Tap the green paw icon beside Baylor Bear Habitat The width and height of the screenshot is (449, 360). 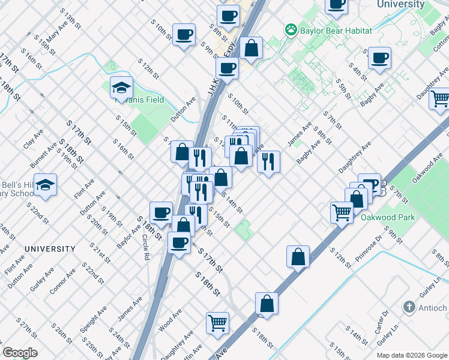(291, 29)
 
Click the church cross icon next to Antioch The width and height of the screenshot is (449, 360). (409, 307)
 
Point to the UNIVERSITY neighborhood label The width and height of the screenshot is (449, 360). (50, 248)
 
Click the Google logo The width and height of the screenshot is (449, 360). (20, 353)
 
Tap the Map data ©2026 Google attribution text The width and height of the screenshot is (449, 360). (412, 355)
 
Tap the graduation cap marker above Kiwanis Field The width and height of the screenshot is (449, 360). (121, 87)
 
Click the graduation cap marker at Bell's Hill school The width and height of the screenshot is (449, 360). (45, 184)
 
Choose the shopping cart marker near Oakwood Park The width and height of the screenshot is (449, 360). (342, 212)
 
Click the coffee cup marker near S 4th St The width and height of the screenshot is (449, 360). (379, 58)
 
